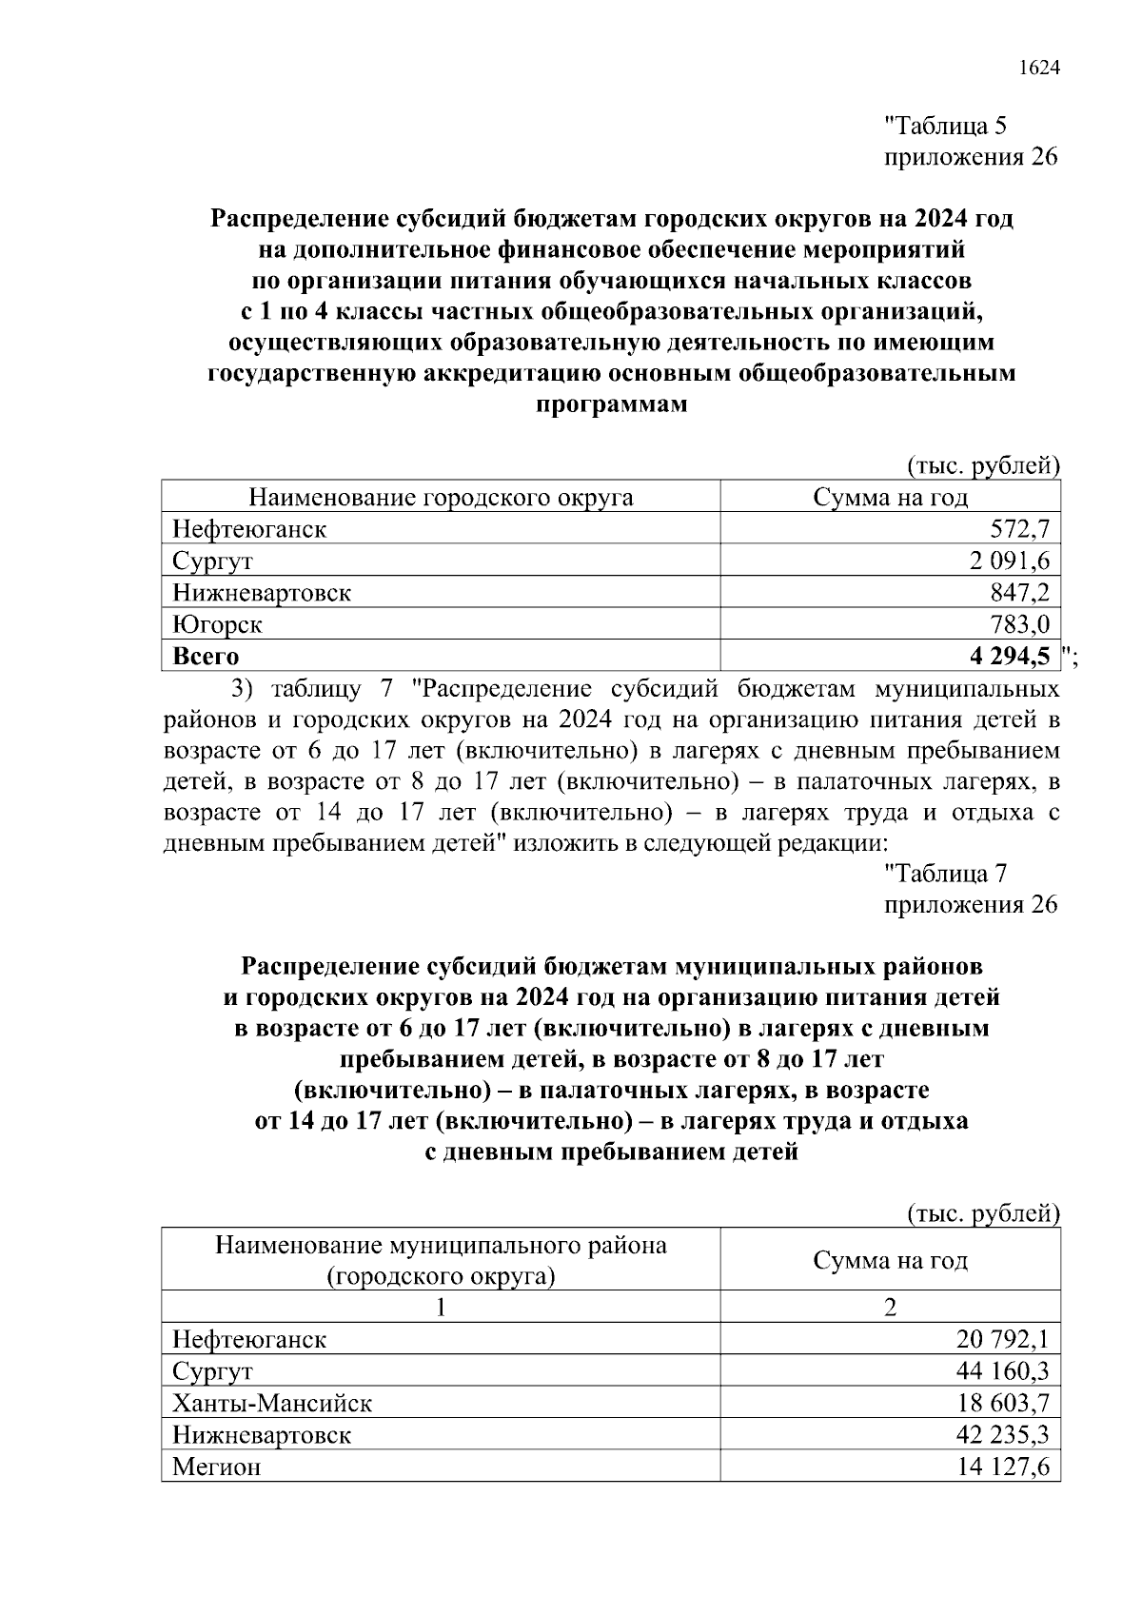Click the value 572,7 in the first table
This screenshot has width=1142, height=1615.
coord(1019,529)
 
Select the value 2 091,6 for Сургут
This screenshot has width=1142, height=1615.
coord(1009,561)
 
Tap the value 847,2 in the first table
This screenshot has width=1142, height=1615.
coord(1019,593)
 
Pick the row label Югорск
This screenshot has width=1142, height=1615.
coord(217,624)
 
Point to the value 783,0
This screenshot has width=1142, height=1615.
coord(1019,624)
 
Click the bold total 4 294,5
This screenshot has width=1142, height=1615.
coord(1010,656)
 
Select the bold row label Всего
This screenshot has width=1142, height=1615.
coord(206,656)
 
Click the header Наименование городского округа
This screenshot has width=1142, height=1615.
coord(441,498)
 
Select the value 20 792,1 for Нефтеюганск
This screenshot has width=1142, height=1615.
coord(1002,1340)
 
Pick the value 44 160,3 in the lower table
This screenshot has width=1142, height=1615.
coord(1002,1371)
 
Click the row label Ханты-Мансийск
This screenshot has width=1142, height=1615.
coord(272,1403)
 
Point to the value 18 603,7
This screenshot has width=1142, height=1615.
coord(1002,1403)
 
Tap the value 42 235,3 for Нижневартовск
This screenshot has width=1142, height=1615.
coord(1002,1435)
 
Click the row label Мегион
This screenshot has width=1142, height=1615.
coord(216,1467)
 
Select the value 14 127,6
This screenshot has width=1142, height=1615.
coord(1002,1467)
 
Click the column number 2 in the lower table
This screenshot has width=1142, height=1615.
coord(890,1307)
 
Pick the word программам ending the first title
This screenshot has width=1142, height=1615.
coord(611,404)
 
